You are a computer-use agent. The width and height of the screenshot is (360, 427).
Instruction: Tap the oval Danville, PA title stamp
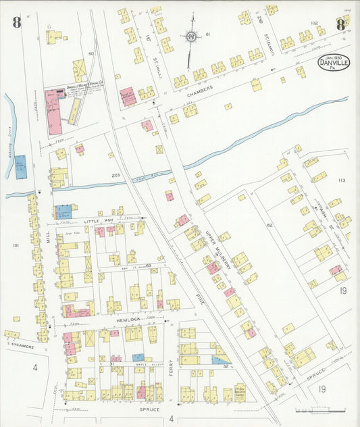click(334, 66)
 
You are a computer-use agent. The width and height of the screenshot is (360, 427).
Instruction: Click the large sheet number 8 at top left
click(16, 23)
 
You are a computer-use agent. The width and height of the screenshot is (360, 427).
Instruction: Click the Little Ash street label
click(98, 220)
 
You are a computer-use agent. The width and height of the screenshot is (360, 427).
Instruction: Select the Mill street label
click(48, 234)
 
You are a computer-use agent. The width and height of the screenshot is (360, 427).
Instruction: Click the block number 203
click(115, 176)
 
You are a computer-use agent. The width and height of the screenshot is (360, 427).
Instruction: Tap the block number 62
click(268, 225)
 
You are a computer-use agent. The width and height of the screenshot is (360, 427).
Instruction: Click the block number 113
click(342, 180)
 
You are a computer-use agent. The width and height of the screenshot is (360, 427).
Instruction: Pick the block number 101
click(15, 246)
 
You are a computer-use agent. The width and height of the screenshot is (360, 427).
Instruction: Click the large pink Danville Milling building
click(54, 111)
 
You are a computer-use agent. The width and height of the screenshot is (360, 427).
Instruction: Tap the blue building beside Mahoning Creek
click(21, 166)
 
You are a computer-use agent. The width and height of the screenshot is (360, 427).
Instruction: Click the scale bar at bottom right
click(317, 409)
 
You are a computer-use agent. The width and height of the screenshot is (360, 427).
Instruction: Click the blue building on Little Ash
click(63, 211)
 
